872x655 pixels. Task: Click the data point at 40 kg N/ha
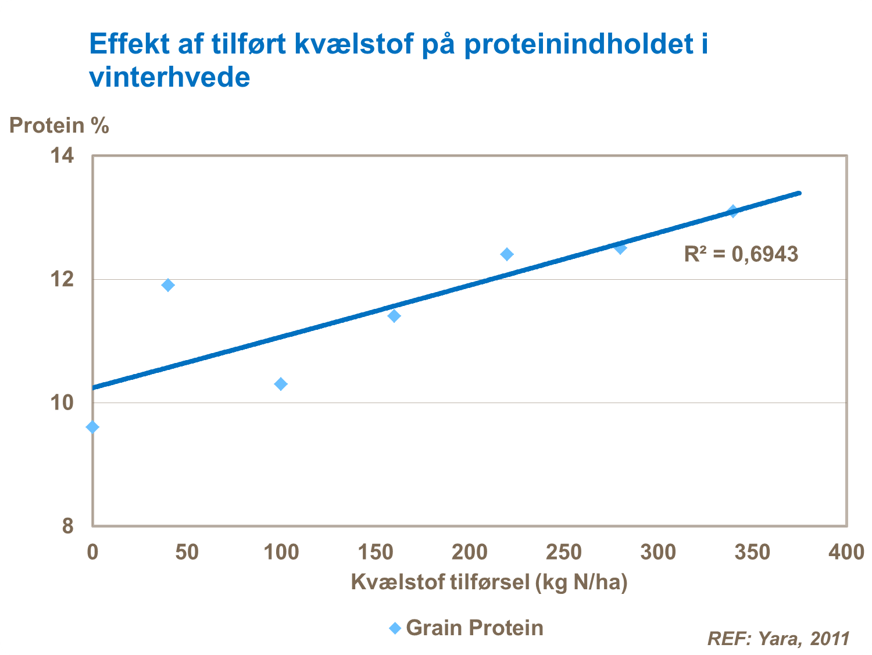point(168,285)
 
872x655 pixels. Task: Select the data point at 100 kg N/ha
point(281,384)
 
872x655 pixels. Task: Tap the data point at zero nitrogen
point(92,428)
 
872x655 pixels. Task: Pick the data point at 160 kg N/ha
point(394,316)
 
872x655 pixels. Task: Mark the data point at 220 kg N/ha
point(507,254)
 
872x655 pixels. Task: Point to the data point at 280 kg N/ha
point(620,248)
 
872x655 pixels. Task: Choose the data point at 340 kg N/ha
point(733,211)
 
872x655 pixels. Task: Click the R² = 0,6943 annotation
point(741,254)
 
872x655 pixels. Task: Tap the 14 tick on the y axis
point(62,156)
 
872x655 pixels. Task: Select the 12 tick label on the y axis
point(62,280)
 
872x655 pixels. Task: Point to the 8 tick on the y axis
point(68,526)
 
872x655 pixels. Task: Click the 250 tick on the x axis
point(563,552)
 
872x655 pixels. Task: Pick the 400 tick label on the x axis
point(846,552)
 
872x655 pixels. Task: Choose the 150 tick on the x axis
point(375,552)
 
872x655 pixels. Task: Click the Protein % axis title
point(59,126)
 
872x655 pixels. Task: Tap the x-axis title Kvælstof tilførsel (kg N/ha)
point(489,582)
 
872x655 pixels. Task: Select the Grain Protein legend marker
point(395,628)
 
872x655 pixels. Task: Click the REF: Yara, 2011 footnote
point(778,639)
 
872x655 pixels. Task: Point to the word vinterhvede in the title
point(170,77)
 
